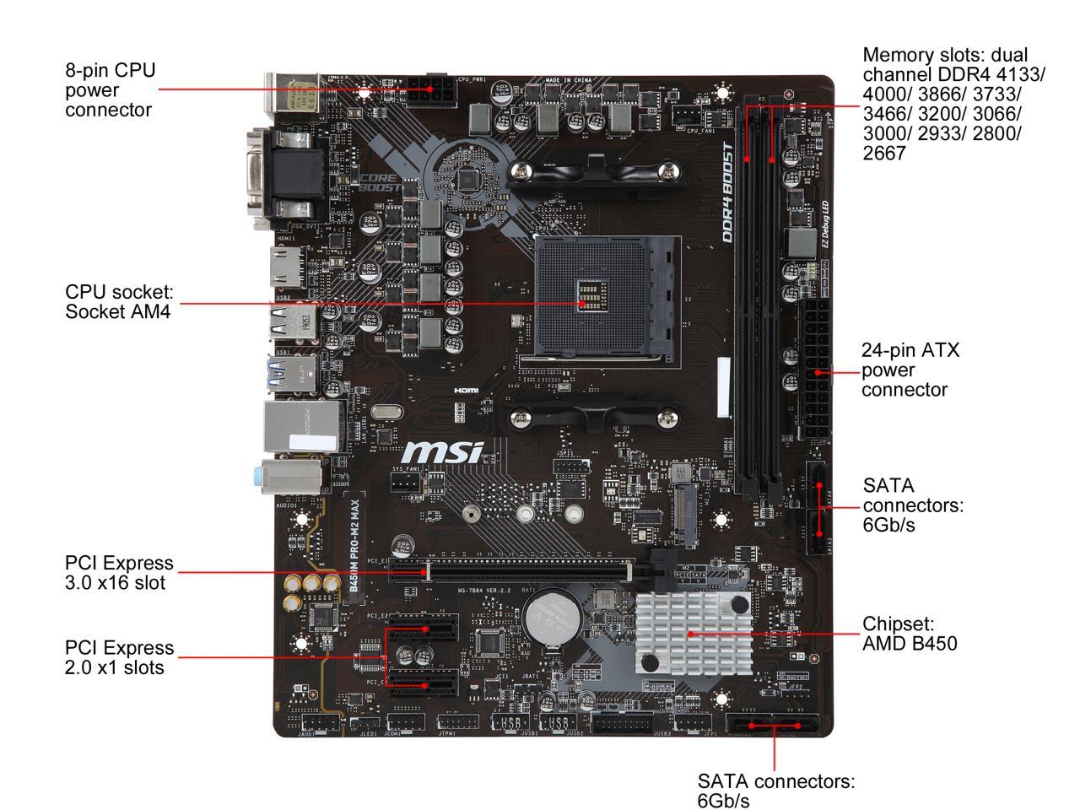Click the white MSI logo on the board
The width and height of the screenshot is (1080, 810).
click(x=444, y=452)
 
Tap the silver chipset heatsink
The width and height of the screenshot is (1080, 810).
click(x=694, y=633)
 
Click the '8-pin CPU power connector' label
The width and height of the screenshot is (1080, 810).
click(x=111, y=89)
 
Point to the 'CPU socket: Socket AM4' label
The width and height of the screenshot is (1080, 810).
click(x=119, y=301)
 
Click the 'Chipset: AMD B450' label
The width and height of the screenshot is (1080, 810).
click(x=910, y=634)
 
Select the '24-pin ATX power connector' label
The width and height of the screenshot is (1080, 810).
click(x=910, y=370)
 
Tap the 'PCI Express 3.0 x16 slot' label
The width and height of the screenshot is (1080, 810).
click(x=119, y=572)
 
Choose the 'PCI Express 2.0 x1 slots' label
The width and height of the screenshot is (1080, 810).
click(x=119, y=657)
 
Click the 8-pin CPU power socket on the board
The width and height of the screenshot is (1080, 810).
click(x=430, y=89)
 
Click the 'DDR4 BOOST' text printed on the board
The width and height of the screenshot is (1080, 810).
click(x=727, y=193)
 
